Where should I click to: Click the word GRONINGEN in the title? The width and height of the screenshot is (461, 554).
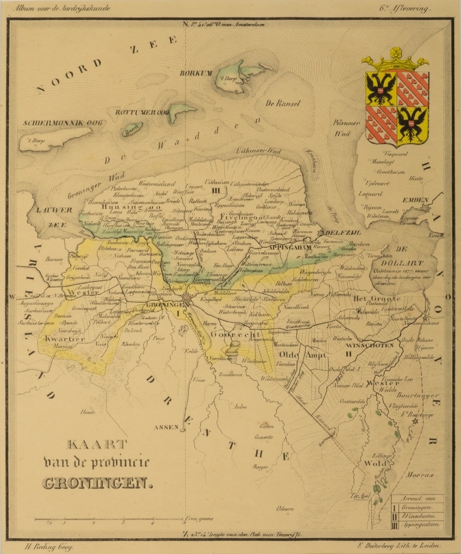[97, 483]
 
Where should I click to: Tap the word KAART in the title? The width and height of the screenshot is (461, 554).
[98, 444]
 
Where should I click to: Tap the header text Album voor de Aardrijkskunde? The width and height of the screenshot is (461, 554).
[63, 9]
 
